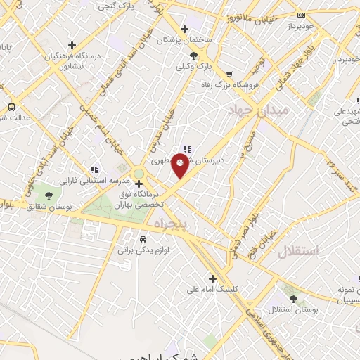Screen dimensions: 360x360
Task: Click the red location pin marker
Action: point(180,166)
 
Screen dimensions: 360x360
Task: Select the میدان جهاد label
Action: point(256,110)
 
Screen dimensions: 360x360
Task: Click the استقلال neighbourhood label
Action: point(298,250)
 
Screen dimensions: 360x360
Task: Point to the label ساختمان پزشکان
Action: point(208,40)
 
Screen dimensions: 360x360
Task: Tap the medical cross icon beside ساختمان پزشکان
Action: point(184,29)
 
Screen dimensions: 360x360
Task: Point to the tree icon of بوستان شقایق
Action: point(49,195)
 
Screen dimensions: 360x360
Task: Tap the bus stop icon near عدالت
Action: point(11,107)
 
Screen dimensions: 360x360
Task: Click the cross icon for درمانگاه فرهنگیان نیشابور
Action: point(73,45)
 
